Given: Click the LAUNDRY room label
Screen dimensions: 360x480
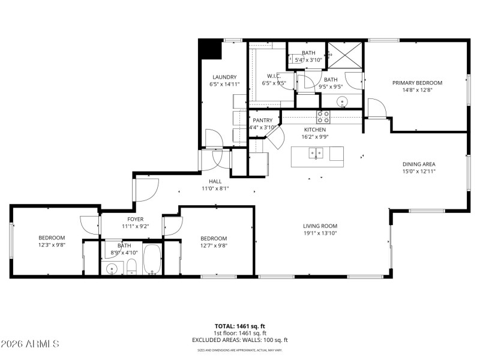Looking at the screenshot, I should (224, 77).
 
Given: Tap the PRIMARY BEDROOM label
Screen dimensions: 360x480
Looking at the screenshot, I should (417, 83).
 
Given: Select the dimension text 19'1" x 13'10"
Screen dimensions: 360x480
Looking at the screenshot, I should (324, 233).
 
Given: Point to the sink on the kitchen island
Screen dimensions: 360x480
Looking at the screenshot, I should (316, 154).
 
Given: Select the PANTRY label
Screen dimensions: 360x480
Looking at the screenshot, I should (262, 120).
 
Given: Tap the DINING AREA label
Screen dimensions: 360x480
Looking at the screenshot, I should (418, 164).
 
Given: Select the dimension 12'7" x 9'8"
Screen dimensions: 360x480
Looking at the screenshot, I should (214, 245).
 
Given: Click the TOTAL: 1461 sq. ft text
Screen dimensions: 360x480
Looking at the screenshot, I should (240, 325).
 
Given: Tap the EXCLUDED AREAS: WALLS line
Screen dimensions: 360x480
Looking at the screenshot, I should (240, 340).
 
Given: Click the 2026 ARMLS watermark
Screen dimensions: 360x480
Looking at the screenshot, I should (30, 344).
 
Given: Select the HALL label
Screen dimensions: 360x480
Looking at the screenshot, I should (215, 181).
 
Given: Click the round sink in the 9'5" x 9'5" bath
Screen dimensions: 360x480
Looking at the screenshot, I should (342, 101).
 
